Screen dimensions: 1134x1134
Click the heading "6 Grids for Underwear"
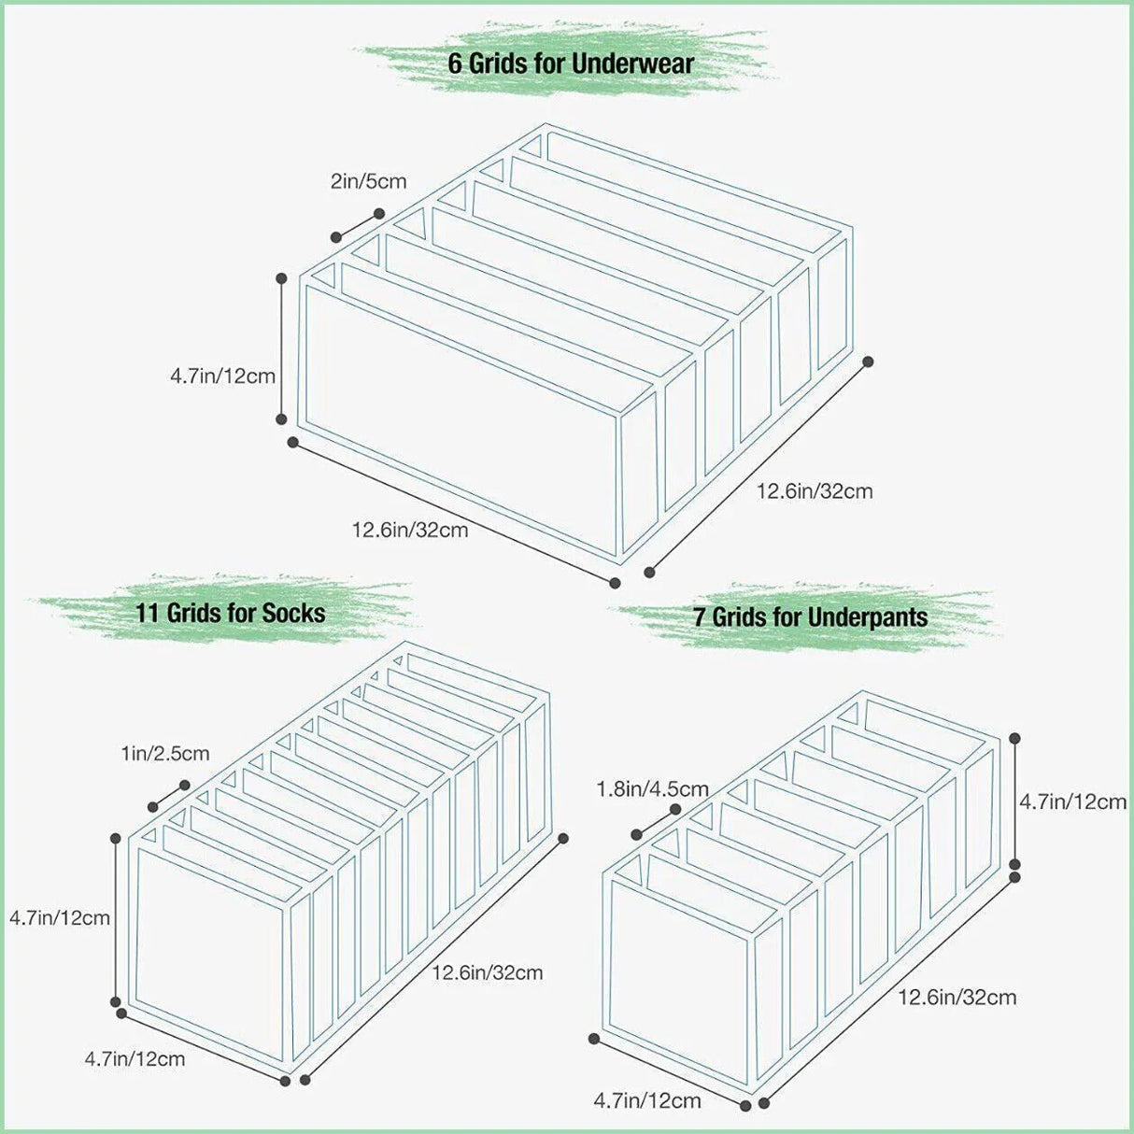[571, 64]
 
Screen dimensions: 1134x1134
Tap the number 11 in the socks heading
[148, 613]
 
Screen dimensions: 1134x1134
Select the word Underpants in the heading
[867, 617]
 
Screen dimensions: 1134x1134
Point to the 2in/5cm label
[368, 181]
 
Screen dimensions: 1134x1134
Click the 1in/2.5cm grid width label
[164, 753]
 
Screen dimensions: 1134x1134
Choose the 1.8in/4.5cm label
[652, 790]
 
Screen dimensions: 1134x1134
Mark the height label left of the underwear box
[222, 376]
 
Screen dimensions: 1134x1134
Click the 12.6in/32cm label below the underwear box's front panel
[409, 530]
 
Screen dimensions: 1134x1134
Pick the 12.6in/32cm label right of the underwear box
[814, 490]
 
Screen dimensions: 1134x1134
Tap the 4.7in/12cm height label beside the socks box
[60, 917]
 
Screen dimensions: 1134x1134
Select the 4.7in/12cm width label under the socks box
[135, 1058]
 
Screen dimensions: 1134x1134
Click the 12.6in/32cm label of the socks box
[487, 972]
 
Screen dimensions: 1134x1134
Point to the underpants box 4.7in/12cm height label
[1072, 801]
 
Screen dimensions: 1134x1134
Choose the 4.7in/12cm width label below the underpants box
[646, 1100]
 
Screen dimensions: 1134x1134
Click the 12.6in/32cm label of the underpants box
[957, 997]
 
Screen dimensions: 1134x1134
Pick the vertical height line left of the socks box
[116, 920]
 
